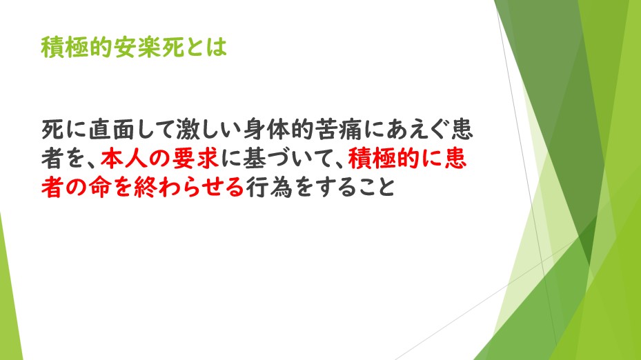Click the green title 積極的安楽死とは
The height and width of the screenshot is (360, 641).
(134, 47)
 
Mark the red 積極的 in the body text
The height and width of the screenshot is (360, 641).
(383, 159)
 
